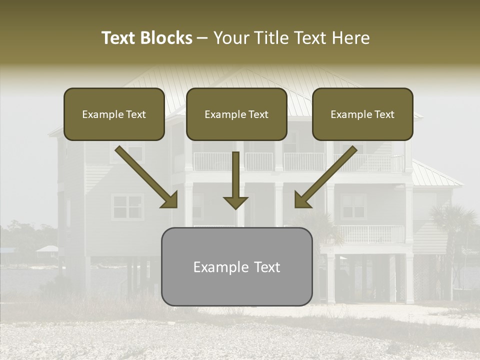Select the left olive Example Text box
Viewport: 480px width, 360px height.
[114, 114]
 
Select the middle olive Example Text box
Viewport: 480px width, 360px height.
[236, 114]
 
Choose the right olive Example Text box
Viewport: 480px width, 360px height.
[362, 114]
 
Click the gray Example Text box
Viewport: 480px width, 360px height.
[236, 267]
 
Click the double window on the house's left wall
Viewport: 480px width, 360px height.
[127, 206]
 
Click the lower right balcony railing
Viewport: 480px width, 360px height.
[370, 234]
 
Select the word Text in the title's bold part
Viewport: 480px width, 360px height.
[118, 38]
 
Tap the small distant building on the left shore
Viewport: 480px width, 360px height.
[47, 249]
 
